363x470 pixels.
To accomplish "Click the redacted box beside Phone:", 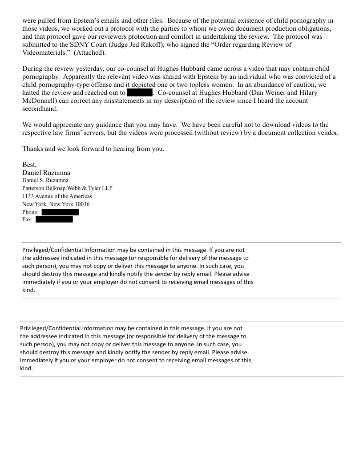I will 60,212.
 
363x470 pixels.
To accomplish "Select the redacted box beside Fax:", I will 54,219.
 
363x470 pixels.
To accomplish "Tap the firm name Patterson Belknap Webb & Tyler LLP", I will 67,188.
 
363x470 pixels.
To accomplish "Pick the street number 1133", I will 29,196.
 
